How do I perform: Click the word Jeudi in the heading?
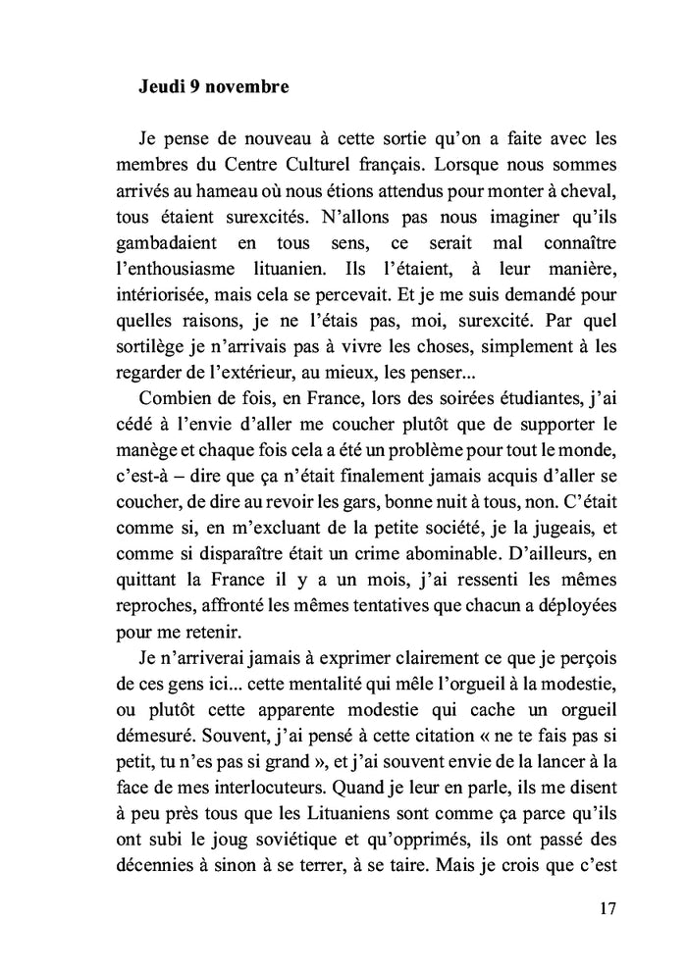pyautogui.click(x=162, y=87)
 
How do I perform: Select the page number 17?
pyautogui.click(x=608, y=908)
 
